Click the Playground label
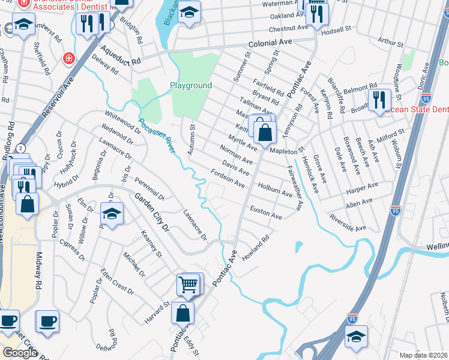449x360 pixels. (x=191, y=86)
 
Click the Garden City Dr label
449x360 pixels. (x=149, y=213)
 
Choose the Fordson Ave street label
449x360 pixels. (x=228, y=178)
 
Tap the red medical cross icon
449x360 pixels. (x=69, y=58)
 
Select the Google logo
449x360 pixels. (x=20, y=352)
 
